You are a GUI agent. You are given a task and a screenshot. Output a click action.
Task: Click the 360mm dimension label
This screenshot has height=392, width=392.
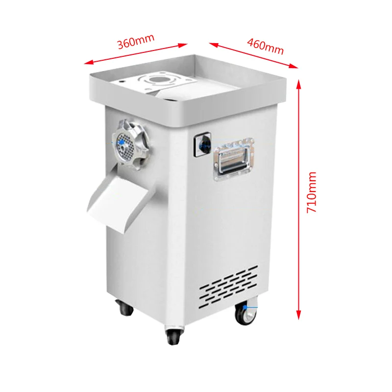pyautogui.click(x=136, y=43)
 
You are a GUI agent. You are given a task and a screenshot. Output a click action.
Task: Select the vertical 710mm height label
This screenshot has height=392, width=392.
pyautogui.click(x=312, y=192)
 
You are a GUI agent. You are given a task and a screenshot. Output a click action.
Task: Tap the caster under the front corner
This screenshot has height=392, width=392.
pyautogui.click(x=173, y=336)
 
